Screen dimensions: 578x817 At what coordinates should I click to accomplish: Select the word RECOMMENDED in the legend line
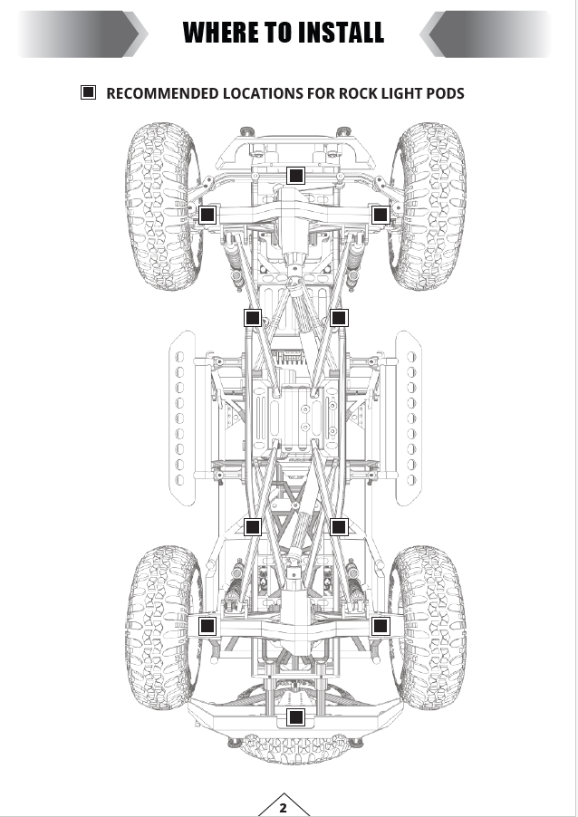coord(162,93)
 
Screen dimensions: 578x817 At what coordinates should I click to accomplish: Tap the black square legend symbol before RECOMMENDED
coord(88,92)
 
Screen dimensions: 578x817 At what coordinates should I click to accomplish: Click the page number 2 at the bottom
coord(283,808)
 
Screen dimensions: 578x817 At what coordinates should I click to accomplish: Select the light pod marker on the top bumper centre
coord(296,176)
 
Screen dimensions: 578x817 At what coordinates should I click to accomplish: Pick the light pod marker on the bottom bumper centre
coord(296,717)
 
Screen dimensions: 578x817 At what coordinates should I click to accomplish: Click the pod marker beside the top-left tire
coord(207,214)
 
